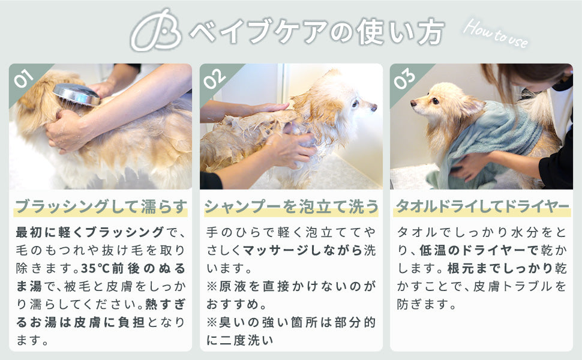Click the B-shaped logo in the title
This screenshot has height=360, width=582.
(156, 31)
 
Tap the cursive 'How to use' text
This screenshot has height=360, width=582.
(496, 34)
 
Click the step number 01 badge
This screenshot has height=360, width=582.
(24, 78)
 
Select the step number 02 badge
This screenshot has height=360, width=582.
(215, 79)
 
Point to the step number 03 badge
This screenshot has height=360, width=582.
(404, 79)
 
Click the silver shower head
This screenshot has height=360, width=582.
(76, 94)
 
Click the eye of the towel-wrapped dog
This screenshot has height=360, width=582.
(434, 101)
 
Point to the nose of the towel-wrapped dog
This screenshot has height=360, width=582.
(414, 103)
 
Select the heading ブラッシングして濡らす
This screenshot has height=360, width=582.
(100, 206)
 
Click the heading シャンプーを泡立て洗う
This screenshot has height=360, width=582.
(292, 206)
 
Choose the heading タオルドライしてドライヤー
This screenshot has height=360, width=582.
(482, 206)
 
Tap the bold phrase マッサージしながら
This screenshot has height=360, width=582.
(302, 250)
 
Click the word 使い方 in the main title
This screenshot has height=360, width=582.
(401, 32)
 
